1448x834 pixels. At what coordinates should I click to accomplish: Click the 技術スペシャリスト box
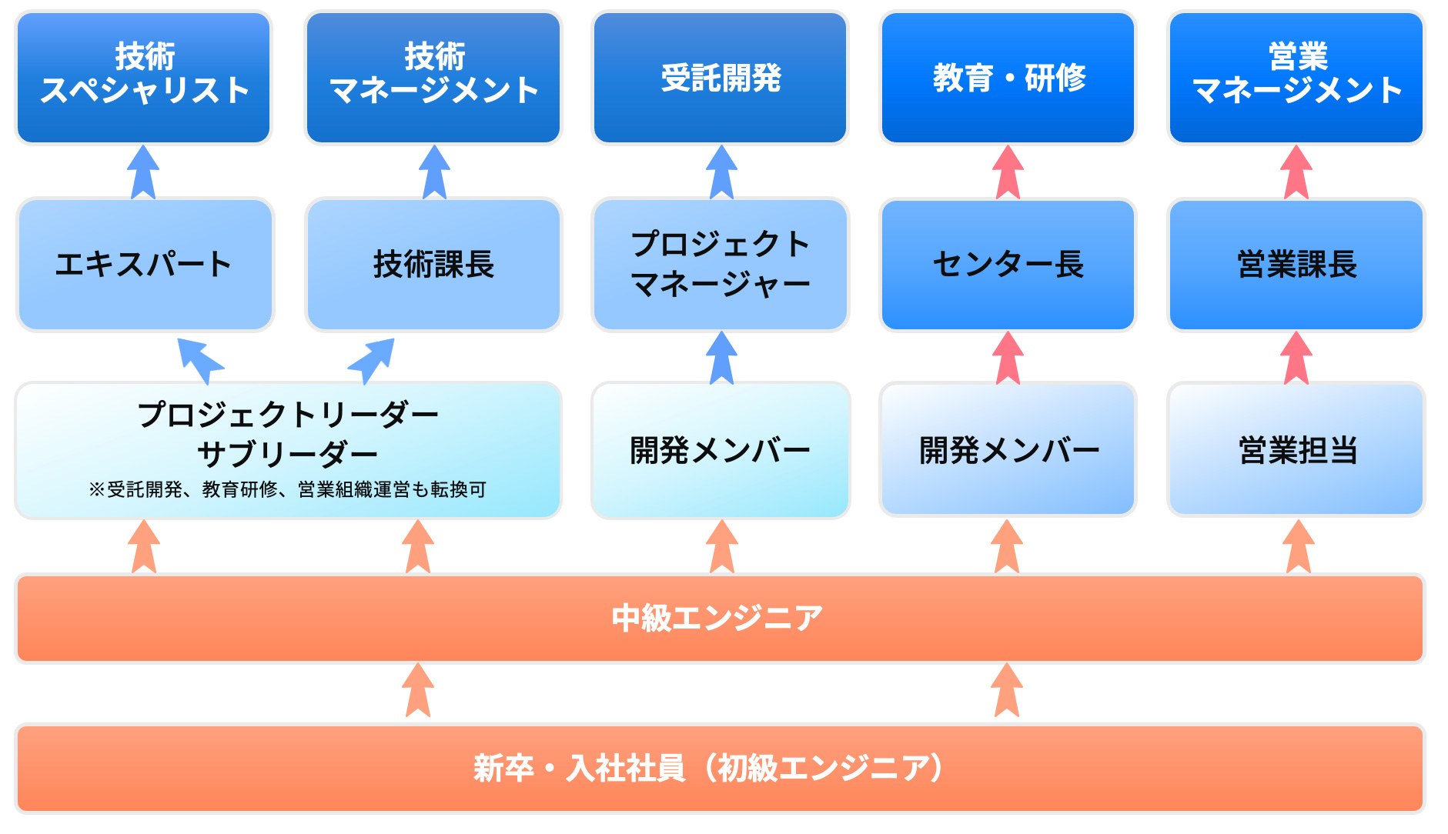coord(144,77)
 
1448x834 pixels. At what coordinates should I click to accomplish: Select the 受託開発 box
coord(721,77)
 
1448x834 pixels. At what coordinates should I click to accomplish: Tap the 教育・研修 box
coord(1008,77)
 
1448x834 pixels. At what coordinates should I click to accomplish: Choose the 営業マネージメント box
coord(1296,77)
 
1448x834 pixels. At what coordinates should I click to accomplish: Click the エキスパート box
coord(144,265)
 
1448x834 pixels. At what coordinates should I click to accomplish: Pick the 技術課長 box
coord(433,265)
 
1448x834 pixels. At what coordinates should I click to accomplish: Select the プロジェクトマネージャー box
coord(721,265)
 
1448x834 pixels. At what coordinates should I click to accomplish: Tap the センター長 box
coord(1008,265)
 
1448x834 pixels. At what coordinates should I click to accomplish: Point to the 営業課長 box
coord(1296,265)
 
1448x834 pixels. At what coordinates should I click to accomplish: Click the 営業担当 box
coord(1296,450)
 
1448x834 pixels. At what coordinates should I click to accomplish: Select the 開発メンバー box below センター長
coord(1008,450)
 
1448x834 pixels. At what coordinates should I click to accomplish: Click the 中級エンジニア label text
coord(717,618)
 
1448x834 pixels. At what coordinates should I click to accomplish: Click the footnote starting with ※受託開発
coord(287,489)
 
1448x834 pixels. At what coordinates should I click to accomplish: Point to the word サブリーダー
coord(287,454)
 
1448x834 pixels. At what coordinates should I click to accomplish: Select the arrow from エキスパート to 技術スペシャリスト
coord(143,172)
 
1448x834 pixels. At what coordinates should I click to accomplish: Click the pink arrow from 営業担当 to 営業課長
coord(1296,359)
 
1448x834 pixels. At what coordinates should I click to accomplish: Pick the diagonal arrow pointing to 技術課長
coord(373,359)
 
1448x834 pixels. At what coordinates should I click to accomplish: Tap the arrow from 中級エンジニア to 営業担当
coord(1299,546)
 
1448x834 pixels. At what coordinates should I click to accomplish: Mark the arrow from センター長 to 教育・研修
coord(1008,172)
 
